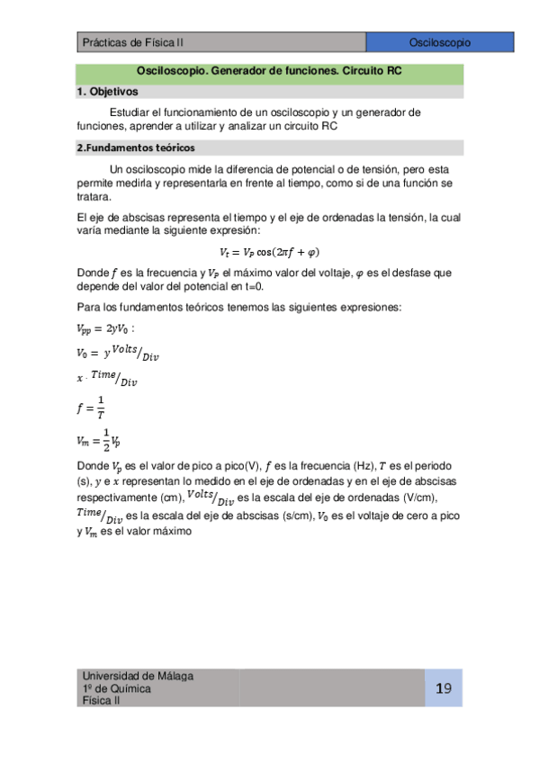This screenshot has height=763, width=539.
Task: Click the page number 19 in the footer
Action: coord(443,688)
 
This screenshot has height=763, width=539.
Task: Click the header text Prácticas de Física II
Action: coord(132,42)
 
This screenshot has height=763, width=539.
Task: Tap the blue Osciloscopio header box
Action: coord(439,42)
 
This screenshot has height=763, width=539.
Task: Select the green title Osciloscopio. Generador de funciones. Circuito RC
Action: coord(269,74)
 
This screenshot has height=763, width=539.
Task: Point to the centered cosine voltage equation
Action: coord(269,252)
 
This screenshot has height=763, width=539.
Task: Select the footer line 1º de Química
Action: coord(116,688)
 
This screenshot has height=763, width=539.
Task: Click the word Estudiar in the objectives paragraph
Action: coord(129,112)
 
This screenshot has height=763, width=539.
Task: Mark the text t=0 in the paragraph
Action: coord(255,286)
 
